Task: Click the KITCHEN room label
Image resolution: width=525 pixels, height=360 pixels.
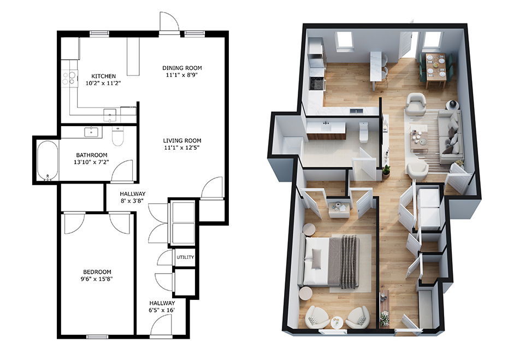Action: pyautogui.click(x=103, y=76)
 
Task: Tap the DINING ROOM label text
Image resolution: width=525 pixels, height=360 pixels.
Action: pyautogui.click(x=182, y=68)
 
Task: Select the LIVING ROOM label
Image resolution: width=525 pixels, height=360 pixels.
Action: pyautogui.click(x=182, y=140)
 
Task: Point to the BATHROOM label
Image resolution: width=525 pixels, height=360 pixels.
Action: pyautogui.click(x=92, y=155)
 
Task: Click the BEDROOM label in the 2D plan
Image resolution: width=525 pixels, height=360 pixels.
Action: pyautogui.click(x=97, y=272)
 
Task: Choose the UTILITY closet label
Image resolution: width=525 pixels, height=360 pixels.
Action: pyautogui.click(x=185, y=257)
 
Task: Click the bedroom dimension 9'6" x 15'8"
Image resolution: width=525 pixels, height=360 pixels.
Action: pyautogui.click(x=98, y=279)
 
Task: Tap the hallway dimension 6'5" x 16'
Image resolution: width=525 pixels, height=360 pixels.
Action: pyautogui.click(x=162, y=310)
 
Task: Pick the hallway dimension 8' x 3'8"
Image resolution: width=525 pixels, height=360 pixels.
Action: pyautogui.click(x=133, y=201)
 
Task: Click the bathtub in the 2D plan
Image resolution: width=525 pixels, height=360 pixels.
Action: pyautogui.click(x=48, y=161)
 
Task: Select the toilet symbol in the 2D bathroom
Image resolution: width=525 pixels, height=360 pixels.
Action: pyautogui.click(x=117, y=136)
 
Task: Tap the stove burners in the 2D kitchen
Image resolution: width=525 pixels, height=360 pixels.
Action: pyautogui.click(x=69, y=78)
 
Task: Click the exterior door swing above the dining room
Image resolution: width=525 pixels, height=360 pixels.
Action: pyautogui.click(x=169, y=23)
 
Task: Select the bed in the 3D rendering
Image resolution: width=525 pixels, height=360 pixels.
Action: pyautogui.click(x=332, y=262)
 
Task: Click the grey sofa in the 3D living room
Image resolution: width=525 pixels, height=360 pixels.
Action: pyautogui.click(x=451, y=137)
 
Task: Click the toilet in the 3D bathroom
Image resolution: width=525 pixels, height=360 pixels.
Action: pyautogui.click(x=364, y=132)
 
